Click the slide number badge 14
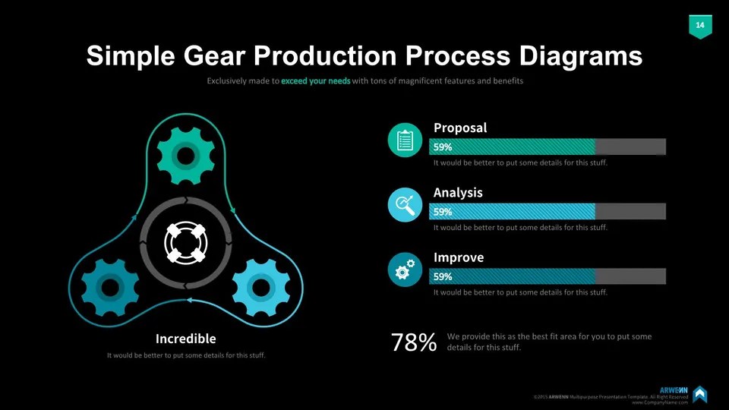click(699, 26)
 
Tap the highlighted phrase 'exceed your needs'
click(315, 80)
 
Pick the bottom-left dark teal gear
click(111, 287)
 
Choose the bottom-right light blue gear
click(260, 287)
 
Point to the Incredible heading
click(185, 339)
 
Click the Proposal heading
click(460, 128)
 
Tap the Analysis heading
click(458, 193)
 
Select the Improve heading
click(459, 257)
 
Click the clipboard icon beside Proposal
click(404, 140)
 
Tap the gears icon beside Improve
click(404, 270)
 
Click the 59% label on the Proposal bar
click(443, 147)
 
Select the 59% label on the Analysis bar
click(443, 212)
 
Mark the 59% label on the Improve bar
click(443, 276)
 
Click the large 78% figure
click(414, 343)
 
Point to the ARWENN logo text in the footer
click(673, 389)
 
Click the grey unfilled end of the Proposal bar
click(630, 147)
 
